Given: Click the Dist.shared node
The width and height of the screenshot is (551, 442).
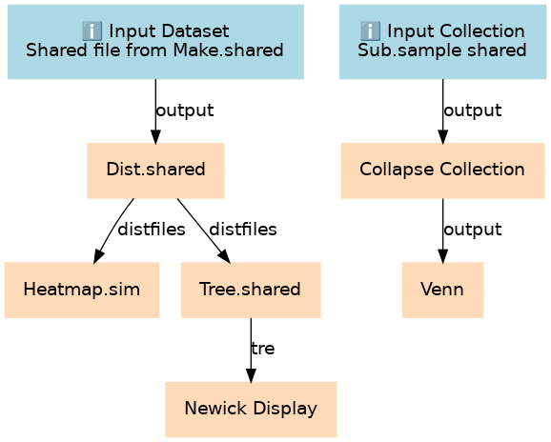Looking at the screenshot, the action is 155,171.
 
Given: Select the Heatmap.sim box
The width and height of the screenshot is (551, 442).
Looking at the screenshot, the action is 82,290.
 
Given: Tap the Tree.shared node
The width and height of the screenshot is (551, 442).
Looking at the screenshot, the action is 251,290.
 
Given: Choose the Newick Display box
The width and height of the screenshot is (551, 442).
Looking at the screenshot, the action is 251,410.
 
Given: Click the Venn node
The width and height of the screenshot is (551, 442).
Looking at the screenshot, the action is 442,290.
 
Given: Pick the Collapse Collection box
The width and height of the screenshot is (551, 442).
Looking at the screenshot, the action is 442,171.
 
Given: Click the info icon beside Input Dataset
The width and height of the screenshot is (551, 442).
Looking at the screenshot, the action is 92,30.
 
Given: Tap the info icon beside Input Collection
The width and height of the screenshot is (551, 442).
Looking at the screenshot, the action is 371,30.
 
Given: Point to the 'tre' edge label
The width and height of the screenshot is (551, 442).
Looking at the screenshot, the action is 263,349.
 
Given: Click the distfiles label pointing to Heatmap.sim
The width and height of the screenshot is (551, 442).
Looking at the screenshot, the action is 152,230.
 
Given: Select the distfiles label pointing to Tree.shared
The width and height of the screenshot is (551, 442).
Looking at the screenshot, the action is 243,230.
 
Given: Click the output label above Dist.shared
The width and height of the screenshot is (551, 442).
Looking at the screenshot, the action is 185,110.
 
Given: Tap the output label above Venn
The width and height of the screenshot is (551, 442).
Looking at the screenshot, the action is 473,230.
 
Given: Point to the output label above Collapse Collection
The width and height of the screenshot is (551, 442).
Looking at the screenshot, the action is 473,110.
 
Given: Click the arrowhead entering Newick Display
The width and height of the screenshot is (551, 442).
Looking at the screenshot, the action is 251,375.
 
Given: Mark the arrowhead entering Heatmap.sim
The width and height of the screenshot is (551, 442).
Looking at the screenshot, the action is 98,256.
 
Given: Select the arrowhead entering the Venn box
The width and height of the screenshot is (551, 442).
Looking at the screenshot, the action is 442,256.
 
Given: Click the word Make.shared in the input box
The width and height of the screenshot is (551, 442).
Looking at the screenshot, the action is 228,50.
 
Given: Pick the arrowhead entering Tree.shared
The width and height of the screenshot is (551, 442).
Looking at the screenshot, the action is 225,257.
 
